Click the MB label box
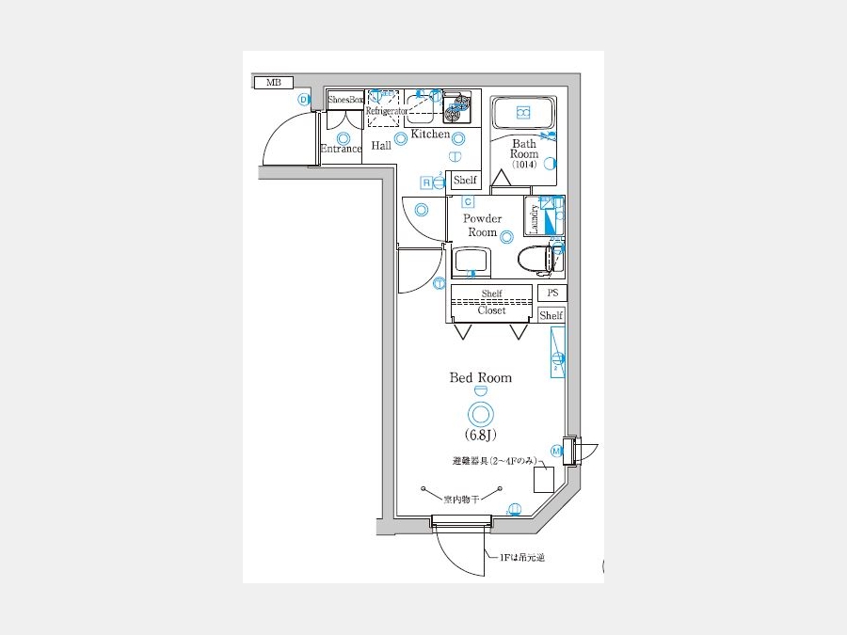coord(274,83)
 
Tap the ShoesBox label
coord(345,100)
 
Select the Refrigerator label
coord(386,111)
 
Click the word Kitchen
coord(431,135)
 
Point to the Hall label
coord(381,146)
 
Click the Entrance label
coord(341,149)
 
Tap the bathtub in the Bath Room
coord(523,114)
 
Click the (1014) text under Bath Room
coord(524,165)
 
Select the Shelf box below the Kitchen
coord(465,180)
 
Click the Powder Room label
coord(482,226)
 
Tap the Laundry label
coord(534,218)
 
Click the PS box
coord(552,293)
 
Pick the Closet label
coord(491,310)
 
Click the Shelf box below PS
coord(551,316)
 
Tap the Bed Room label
coord(480,377)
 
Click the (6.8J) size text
coord(480,435)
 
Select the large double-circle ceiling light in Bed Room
coord(480,412)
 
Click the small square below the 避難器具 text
coord(544,480)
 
